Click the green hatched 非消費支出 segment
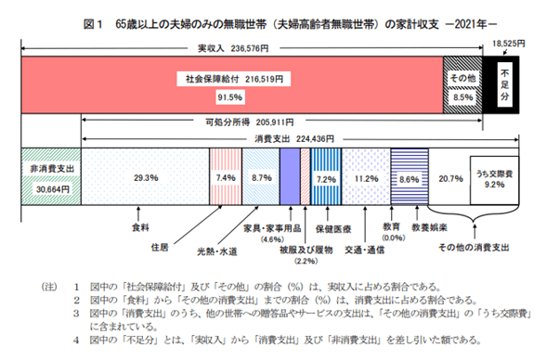coord(50,175)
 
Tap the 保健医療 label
coord(330,225)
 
